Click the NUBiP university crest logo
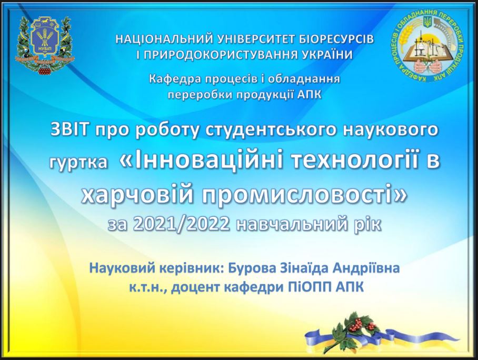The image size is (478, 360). (x=45, y=45)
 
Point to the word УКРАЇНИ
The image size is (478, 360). (x=327, y=55)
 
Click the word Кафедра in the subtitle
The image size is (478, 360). (x=175, y=79)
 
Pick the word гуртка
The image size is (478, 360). (x=79, y=162)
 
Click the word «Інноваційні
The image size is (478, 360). (x=202, y=161)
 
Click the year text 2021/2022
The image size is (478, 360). (x=181, y=225)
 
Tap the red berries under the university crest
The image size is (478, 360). (x=46, y=70)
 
